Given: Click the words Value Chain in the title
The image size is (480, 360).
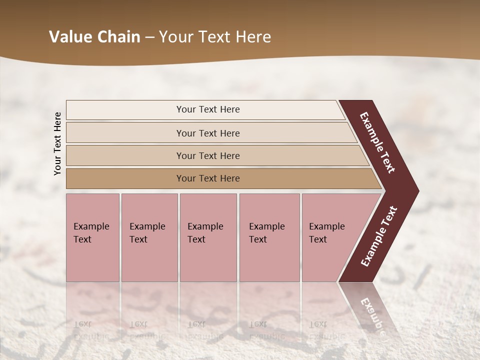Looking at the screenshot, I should (x=94, y=37).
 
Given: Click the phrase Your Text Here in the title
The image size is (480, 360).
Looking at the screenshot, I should (x=215, y=37).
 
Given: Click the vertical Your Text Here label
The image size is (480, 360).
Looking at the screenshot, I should (x=57, y=144).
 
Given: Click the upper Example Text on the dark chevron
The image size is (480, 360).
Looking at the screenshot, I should (x=377, y=142).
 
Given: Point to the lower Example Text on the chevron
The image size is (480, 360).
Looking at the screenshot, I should (x=378, y=236).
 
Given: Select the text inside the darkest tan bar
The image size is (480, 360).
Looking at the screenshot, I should (x=208, y=178).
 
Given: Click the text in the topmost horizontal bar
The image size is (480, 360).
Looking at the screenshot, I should (x=208, y=109).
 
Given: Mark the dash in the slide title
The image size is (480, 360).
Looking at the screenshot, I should (x=149, y=37).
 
